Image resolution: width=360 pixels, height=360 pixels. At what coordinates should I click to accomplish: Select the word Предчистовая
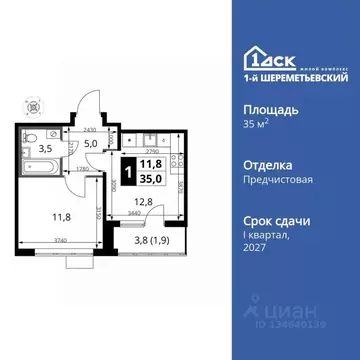(x=272, y=183)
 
